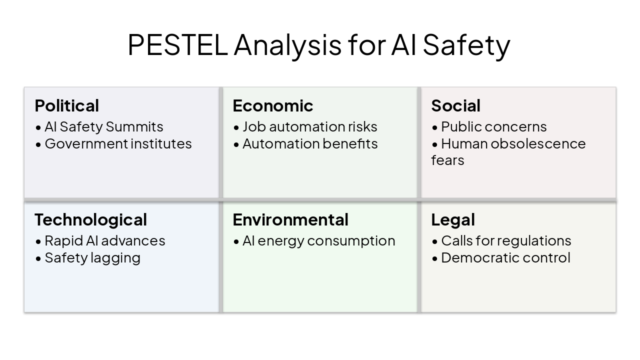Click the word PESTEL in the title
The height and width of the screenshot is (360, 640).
pyautogui.click(x=177, y=44)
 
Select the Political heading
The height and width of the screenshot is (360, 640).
pyautogui.click(x=67, y=105)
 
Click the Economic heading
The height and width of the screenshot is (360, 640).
pyautogui.click(x=273, y=105)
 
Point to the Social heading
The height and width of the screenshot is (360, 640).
pyautogui.click(x=455, y=105)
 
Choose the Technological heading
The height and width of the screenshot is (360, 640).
pyautogui.click(x=90, y=219)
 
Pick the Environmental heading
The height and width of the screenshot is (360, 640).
pyautogui.click(x=290, y=219)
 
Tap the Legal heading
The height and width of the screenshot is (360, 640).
pyautogui.click(x=453, y=219)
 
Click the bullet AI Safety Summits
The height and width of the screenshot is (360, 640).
pyautogui.click(x=103, y=127)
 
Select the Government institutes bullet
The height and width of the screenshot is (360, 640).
pyautogui.click(x=118, y=144)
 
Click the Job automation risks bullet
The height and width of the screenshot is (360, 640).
pyautogui.click(x=309, y=127)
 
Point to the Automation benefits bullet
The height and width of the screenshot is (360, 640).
pyautogui.click(x=310, y=144)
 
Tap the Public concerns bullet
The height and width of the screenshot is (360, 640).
pyautogui.click(x=493, y=127)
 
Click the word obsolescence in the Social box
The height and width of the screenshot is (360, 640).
pyautogui.click(x=538, y=144)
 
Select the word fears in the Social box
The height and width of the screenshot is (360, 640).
pyautogui.click(x=447, y=160)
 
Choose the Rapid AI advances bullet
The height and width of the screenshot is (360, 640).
pyautogui.click(x=104, y=241)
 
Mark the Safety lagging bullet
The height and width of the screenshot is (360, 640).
pyautogui.click(x=92, y=258)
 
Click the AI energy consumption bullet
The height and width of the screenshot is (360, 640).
pyautogui.click(x=318, y=241)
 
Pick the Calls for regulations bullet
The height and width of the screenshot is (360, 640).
pyautogui.click(x=505, y=241)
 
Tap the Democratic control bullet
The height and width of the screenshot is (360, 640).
pyautogui.click(x=505, y=258)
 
